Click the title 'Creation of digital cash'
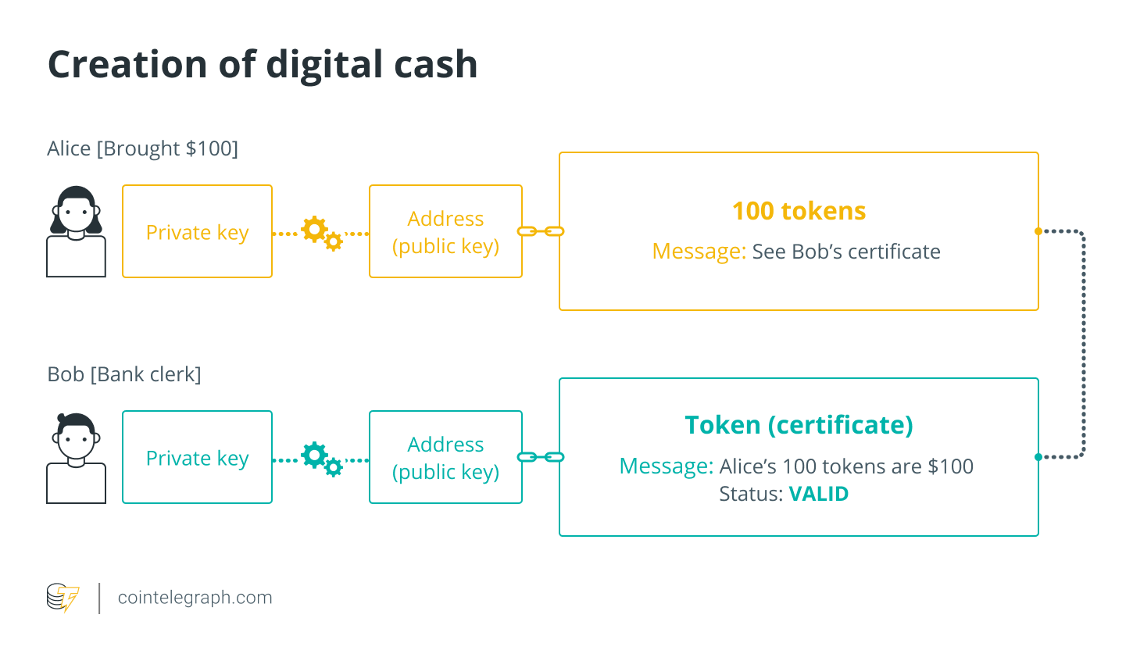point(263,64)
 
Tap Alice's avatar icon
point(76,231)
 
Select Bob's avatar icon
point(76,458)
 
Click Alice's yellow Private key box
point(197,232)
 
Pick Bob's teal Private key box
point(197,458)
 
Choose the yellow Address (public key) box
point(445,232)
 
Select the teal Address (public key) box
point(445,458)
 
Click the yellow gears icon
point(321,232)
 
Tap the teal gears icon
point(321,458)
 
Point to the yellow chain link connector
point(541,231)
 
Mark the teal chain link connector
point(541,457)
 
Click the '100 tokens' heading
point(799,211)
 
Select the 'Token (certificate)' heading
point(799,425)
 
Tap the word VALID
point(818,494)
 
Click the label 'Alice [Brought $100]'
point(142,148)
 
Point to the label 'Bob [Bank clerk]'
point(124,374)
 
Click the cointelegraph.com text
point(195,598)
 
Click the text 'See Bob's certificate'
point(845,252)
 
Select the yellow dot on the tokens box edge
point(1038,231)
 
